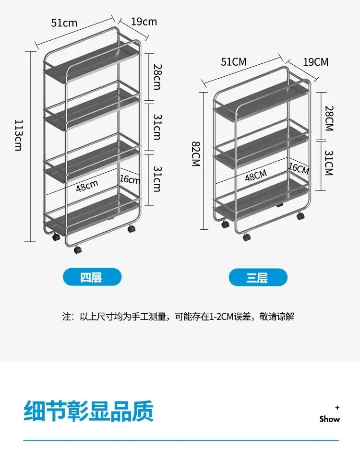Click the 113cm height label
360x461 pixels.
pos(18,135)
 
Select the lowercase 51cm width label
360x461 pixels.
pos(64,23)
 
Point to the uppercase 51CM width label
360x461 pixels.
pos(233,61)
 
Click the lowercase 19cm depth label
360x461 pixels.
pos(144,21)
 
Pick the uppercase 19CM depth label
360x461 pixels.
pos(315,61)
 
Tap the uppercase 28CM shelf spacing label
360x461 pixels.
pos(328,118)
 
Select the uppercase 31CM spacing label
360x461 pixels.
pos(328,163)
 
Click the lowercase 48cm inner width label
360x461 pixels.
pos(87,185)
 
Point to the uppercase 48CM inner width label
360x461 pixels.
pos(255,175)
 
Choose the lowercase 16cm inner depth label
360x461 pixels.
pos(130,180)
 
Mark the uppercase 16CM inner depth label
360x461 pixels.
pos(299,169)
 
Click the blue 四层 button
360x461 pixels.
pos(92,277)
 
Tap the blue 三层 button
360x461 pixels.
pos(258,277)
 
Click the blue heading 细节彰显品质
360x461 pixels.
pos(89,411)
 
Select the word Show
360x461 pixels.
pos(330,419)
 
